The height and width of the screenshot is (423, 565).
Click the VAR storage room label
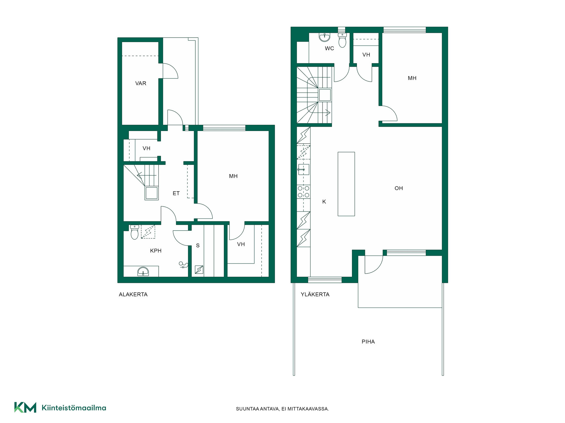[141, 83]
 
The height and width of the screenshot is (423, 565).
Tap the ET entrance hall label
[176, 193]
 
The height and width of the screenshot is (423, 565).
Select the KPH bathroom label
[156, 251]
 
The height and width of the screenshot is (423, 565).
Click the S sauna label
[198, 246]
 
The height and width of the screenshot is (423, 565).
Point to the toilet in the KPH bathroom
[134, 232]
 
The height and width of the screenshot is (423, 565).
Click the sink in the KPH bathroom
[143, 271]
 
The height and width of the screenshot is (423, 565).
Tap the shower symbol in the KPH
[183, 265]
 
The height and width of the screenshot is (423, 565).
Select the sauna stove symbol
[199, 270]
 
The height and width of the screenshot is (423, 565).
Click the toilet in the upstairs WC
[342, 40]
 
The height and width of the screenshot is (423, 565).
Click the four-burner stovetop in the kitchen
[303, 192]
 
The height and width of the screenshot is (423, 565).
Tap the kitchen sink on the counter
[303, 169]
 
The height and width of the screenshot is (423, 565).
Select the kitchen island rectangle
[346, 184]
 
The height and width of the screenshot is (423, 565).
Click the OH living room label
[399, 188]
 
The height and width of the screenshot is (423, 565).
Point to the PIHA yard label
[368, 342]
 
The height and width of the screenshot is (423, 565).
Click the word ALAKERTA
[133, 294]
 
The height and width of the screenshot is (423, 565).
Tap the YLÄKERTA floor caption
[315, 294]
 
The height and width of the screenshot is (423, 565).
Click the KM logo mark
[25, 407]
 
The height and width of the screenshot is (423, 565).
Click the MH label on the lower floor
[233, 176]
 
